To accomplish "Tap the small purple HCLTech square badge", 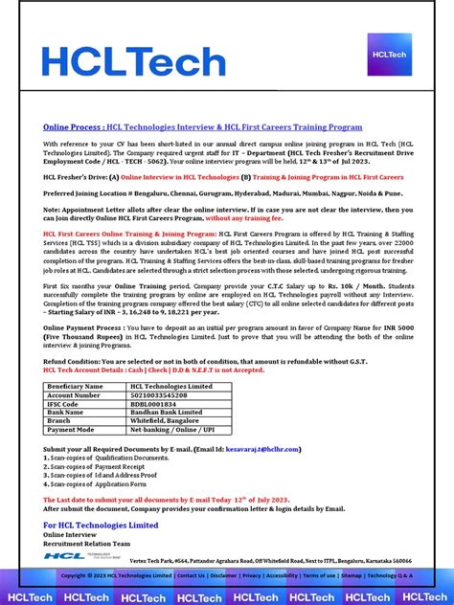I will coord(390,55).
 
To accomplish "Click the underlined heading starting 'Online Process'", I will coord(202,127).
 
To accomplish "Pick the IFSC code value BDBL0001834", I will coord(153,404).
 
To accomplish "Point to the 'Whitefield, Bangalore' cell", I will coord(165,421).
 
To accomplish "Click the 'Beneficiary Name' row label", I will coord(75,387).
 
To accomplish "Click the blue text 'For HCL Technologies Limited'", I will coord(101,526).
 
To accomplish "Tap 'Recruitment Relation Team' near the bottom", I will coord(87,543).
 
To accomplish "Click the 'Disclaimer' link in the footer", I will coord(224,576).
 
